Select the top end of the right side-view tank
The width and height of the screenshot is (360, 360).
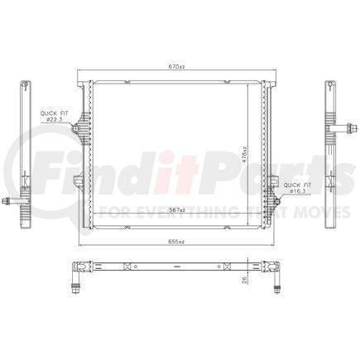click(329, 84)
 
